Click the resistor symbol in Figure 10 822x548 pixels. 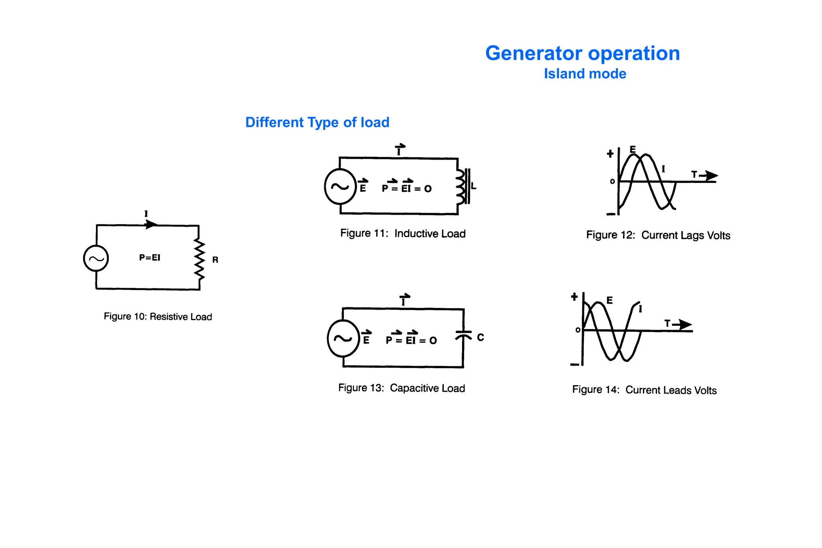tap(199, 259)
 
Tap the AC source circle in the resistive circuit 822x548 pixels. tap(96, 258)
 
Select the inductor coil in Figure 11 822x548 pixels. tap(461, 186)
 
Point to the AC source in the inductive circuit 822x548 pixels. tap(340, 187)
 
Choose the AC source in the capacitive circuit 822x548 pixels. tap(343, 339)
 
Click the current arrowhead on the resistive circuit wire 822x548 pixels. tap(151, 224)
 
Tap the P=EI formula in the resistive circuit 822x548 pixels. tap(150, 258)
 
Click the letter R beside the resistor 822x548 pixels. tap(215, 260)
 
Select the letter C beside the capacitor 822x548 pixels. tap(480, 337)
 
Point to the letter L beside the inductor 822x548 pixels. tap(474, 186)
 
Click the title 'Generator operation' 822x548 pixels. tap(582, 53)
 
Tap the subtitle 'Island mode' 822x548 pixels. tap(585, 74)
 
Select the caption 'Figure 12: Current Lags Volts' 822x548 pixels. tap(658, 235)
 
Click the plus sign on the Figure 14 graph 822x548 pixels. tap(574, 297)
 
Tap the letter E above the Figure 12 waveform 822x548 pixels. tap(633, 150)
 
